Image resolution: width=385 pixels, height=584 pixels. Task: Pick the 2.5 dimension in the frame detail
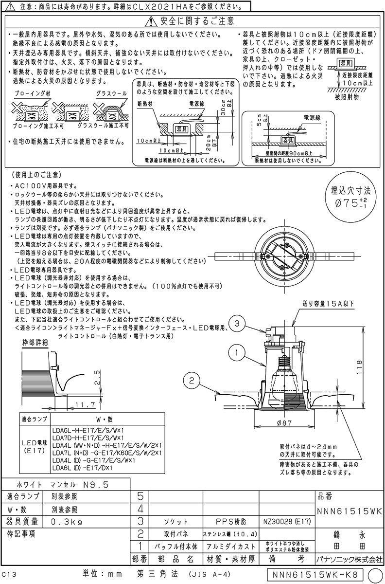[x=97, y=376]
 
